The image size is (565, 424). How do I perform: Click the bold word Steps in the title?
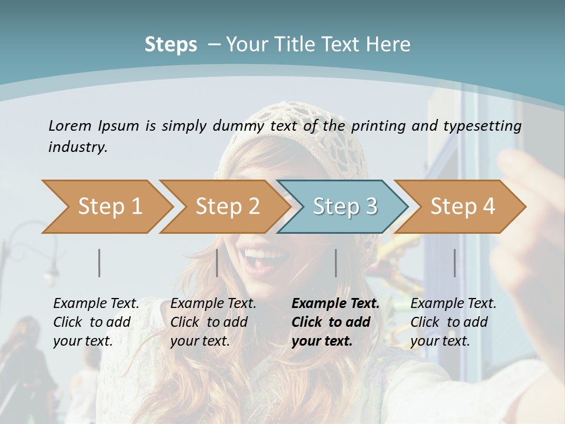(x=171, y=45)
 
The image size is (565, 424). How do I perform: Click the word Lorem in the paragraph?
(x=69, y=125)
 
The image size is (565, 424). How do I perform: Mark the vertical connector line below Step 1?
(x=99, y=263)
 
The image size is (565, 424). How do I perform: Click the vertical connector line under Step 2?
(x=217, y=263)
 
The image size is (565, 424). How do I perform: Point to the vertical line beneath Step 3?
(x=336, y=263)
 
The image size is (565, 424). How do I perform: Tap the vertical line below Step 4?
(x=455, y=263)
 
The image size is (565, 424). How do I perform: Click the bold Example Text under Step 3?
(x=335, y=322)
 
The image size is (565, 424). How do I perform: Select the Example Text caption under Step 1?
(x=96, y=322)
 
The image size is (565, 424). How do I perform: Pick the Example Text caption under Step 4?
(x=453, y=322)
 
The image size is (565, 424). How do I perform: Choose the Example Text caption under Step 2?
(x=213, y=322)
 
